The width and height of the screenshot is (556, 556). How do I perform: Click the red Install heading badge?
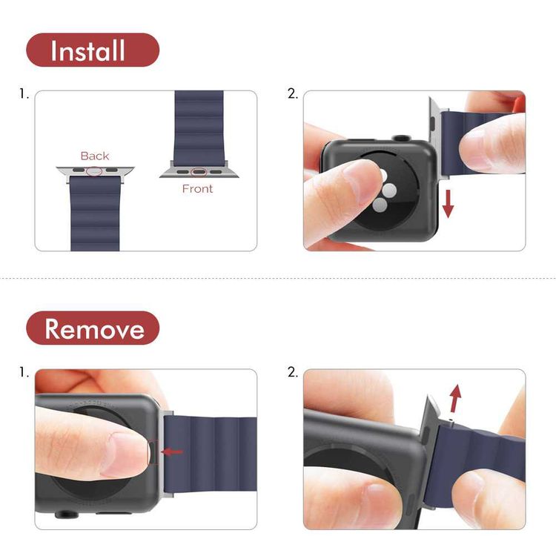click(93, 50)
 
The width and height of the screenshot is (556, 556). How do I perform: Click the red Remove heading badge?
click(93, 328)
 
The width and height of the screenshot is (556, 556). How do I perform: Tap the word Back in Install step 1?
click(95, 156)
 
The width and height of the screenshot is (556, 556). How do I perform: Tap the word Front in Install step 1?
click(197, 189)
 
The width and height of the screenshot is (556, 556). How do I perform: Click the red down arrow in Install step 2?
click(448, 203)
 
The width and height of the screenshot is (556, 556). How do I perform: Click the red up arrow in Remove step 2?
click(454, 397)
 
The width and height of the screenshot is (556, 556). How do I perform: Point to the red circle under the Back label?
click(94, 171)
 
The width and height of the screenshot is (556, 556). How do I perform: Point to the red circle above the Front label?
click(198, 173)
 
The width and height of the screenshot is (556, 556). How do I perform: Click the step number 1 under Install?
click(24, 94)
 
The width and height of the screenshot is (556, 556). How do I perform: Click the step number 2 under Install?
click(292, 94)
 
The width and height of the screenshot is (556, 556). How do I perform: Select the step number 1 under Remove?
click(24, 372)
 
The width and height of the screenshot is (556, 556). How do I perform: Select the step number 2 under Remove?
click(292, 372)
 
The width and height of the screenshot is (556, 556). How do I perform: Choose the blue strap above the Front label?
click(198, 126)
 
